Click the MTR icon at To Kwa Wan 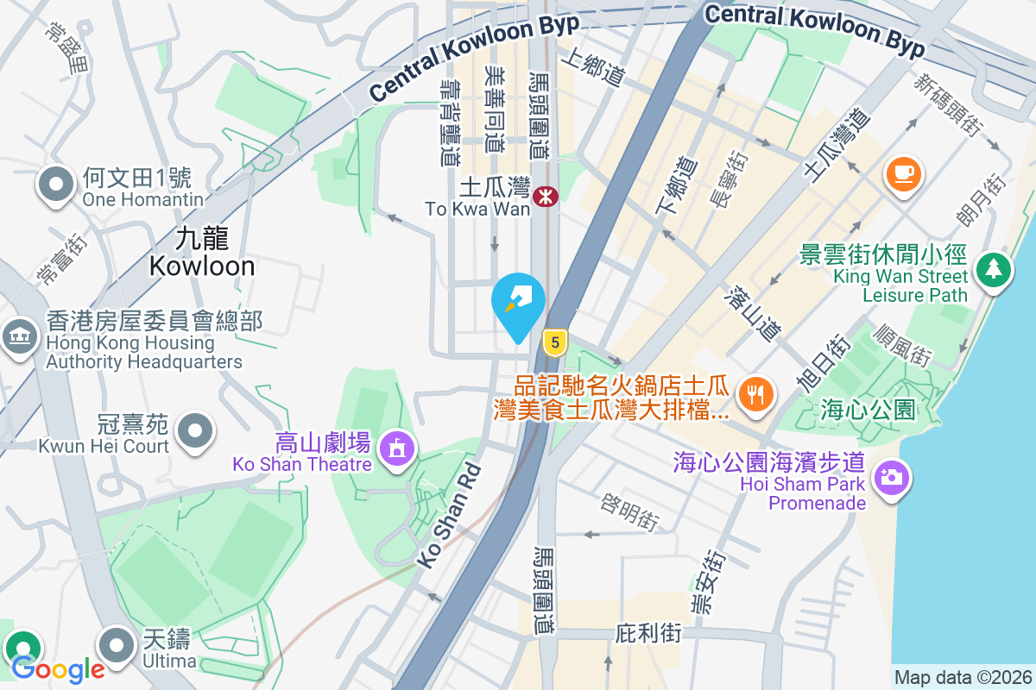546,197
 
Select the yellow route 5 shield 554,342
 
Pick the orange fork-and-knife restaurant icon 757,396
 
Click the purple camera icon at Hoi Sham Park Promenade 891,477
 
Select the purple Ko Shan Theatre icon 396,448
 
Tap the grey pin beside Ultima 117,646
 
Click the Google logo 57,668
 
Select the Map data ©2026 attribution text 962,677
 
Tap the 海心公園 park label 868,409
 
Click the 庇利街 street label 648,634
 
